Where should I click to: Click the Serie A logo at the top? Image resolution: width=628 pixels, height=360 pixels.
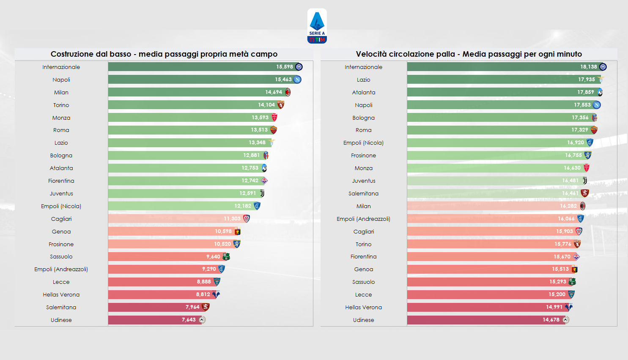tap(317, 26)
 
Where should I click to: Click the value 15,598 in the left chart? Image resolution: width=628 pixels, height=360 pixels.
tap(285, 67)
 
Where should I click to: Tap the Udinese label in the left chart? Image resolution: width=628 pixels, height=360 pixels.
tap(61, 320)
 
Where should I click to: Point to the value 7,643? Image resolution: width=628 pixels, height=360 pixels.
tap(189, 320)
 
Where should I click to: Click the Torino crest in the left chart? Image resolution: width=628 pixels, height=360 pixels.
tap(281, 104)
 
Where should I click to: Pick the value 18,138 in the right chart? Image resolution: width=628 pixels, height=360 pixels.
tap(588, 67)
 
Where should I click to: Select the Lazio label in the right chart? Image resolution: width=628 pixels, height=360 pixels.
tap(363, 80)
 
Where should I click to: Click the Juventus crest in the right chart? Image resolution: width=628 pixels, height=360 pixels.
tap(585, 181)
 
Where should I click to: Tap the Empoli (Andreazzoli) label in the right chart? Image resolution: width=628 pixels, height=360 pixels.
tap(363, 219)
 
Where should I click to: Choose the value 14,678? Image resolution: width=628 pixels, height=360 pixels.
tap(551, 320)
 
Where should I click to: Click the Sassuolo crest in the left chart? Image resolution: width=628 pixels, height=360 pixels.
tap(226, 257)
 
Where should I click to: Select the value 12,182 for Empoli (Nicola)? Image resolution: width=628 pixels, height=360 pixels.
tap(243, 206)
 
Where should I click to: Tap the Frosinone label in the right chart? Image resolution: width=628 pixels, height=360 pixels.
tap(363, 155)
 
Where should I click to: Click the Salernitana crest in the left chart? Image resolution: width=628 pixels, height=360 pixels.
tap(206, 307)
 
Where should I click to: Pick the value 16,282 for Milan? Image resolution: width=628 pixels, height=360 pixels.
tap(568, 206)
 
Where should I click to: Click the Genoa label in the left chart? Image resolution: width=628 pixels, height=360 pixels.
tap(61, 231)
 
